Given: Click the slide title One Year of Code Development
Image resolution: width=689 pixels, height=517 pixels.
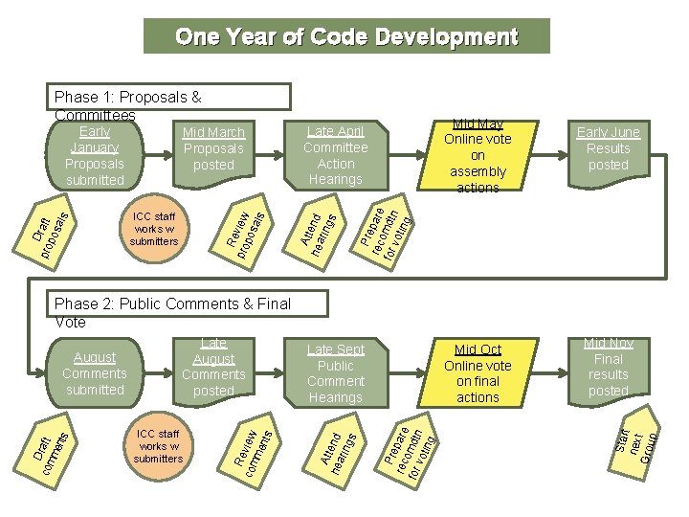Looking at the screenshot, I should (346, 37).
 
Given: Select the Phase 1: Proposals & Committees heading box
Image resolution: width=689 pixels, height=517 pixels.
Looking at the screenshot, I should (170, 98).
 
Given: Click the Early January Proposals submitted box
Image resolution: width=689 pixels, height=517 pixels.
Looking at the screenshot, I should (95, 156).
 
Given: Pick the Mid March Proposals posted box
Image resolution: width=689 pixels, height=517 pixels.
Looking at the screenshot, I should (213, 149).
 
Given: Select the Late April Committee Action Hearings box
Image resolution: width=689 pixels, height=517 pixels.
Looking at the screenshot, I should (336, 156).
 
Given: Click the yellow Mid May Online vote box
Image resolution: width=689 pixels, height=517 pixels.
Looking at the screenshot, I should (478, 156).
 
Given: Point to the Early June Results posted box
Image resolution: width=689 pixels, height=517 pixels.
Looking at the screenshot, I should (609, 149).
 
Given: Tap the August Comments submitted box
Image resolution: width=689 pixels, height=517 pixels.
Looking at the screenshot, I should (95, 373).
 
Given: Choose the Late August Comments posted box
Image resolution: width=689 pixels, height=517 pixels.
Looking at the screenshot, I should (213, 368).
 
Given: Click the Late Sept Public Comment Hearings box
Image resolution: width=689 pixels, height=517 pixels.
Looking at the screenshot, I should (336, 373).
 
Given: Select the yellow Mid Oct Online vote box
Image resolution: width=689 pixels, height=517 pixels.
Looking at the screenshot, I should (478, 373).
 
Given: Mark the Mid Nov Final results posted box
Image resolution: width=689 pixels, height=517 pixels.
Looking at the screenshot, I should (609, 368).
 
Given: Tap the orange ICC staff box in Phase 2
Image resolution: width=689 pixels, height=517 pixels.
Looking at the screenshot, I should (159, 446).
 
